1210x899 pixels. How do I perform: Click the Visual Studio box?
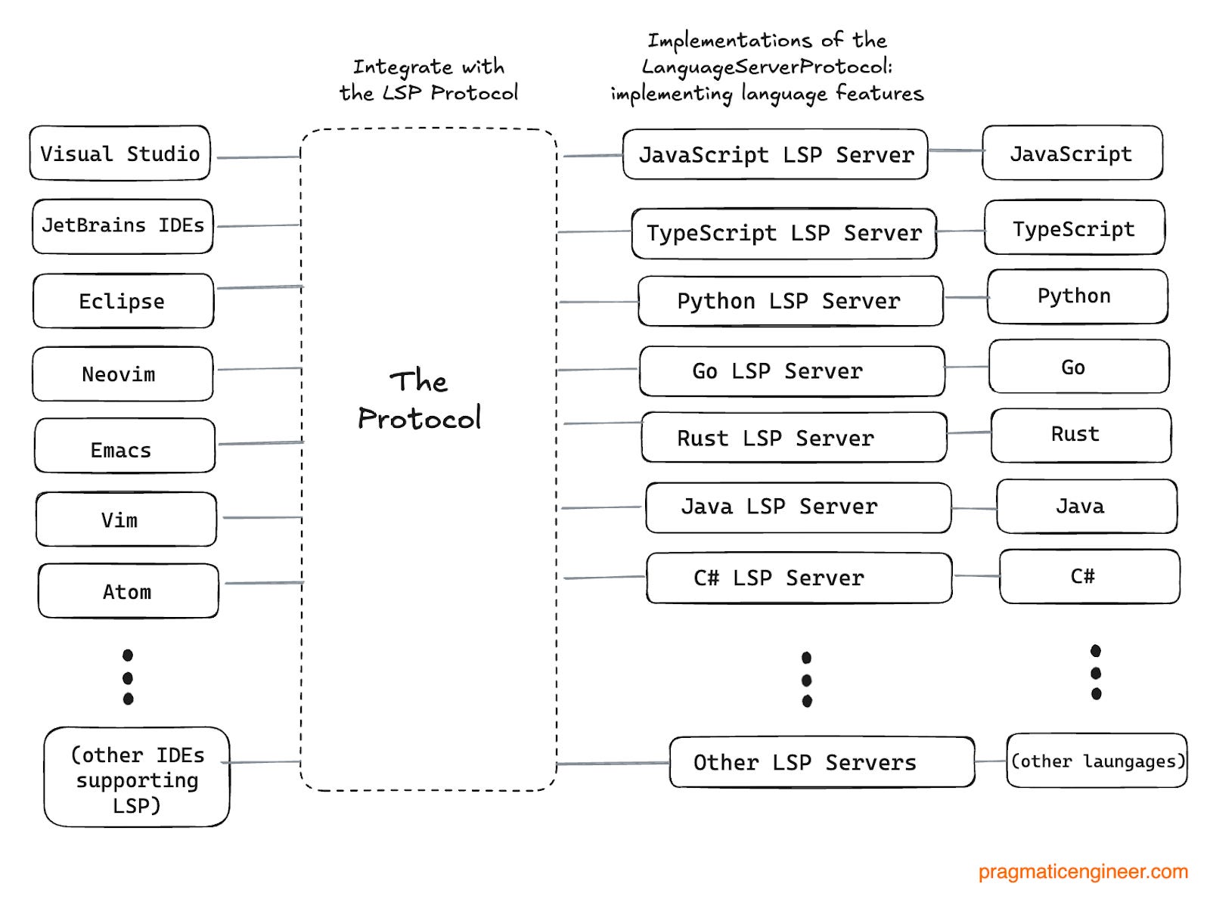[x=119, y=153]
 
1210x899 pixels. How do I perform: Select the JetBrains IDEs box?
[x=123, y=226]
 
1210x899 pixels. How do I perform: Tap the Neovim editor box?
[x=123, y=374]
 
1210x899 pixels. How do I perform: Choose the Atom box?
[x=128, y=591]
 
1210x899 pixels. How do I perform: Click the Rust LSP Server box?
[x=793, y=438]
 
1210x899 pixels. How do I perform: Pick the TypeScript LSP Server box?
[x=783, y=233]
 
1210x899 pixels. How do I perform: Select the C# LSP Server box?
[x=799, y=578]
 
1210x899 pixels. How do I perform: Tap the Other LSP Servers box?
[x=821, y=762]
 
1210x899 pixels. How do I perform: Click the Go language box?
[x=1078, y=367]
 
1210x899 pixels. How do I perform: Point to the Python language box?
[x=1077, y=296]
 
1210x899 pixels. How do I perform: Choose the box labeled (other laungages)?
[x=1097, y=761]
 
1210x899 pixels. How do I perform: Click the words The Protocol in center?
[x=419, y=400]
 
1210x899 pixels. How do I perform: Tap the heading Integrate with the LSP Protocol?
[x=428, y=79]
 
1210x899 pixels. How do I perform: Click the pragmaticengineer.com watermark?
[x=1082, y=872]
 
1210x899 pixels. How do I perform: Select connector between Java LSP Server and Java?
[x=974, y=508]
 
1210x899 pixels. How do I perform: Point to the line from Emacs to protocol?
[x=260, y=443]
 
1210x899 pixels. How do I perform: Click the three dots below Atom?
[x=128, y=677]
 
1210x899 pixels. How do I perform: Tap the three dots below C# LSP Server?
[x=807, y=679]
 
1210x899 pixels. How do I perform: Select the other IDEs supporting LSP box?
[x=137, y=777]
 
